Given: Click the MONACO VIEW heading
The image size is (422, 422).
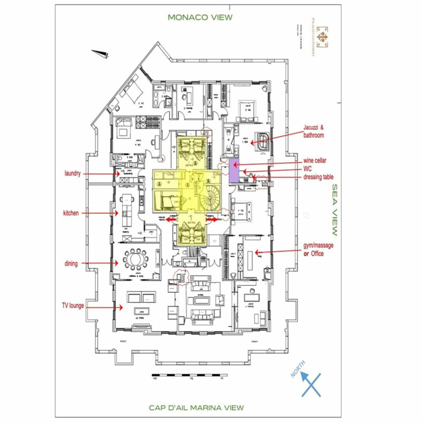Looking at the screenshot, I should (x=200, y=17).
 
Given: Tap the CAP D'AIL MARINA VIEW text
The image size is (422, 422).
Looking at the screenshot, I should (x=196, y=408).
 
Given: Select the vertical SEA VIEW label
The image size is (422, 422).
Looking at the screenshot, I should (x=334, y=210).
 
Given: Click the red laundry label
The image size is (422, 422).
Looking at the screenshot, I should (x=73, y=173).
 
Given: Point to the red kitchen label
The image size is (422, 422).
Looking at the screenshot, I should (x=71, y=213).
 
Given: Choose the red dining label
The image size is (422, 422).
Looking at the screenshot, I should (x=71, y=263).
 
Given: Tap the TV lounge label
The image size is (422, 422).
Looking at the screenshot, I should (x=73, y=305).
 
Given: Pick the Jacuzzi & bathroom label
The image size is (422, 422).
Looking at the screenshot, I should (x=314, y=131).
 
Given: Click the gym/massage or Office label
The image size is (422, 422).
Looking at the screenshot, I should (x=318, y=249).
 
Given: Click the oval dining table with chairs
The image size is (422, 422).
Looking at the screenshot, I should (x=136, y=259).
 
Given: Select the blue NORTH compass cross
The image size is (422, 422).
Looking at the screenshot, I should (x=311, y=384).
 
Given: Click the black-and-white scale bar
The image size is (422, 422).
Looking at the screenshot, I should (x=190, y=375).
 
